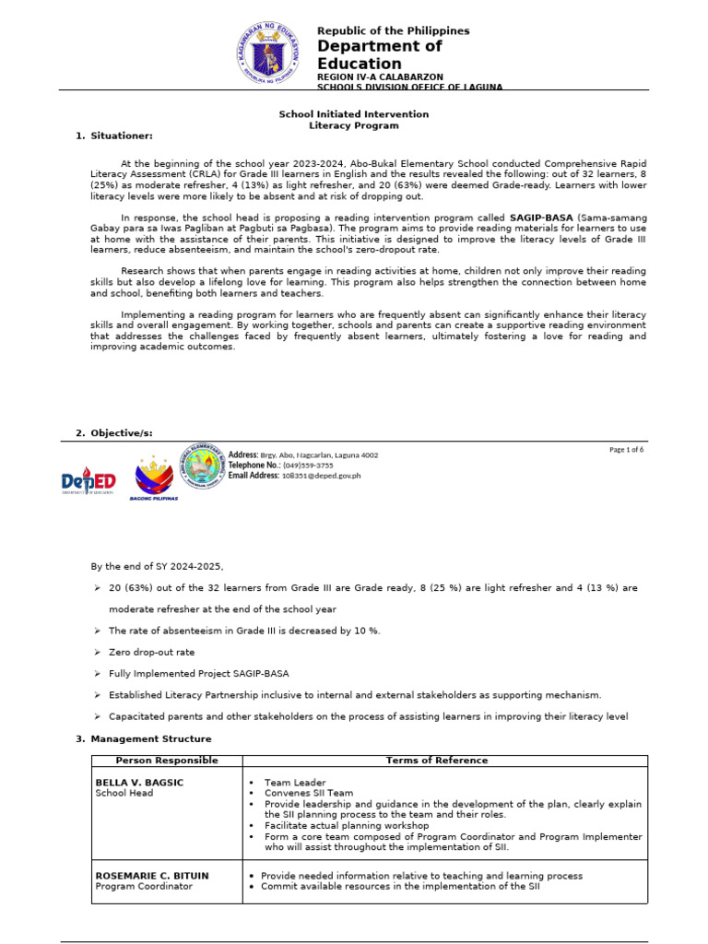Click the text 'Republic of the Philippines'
coord(393,30)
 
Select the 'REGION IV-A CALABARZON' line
coord(380,76)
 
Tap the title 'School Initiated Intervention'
coord(353,114)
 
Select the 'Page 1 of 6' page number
coord(626,450)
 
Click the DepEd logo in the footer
coord(88,481)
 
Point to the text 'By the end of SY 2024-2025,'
coord(157,566)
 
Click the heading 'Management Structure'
coord(150,738)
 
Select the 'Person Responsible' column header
coord(166,761)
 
